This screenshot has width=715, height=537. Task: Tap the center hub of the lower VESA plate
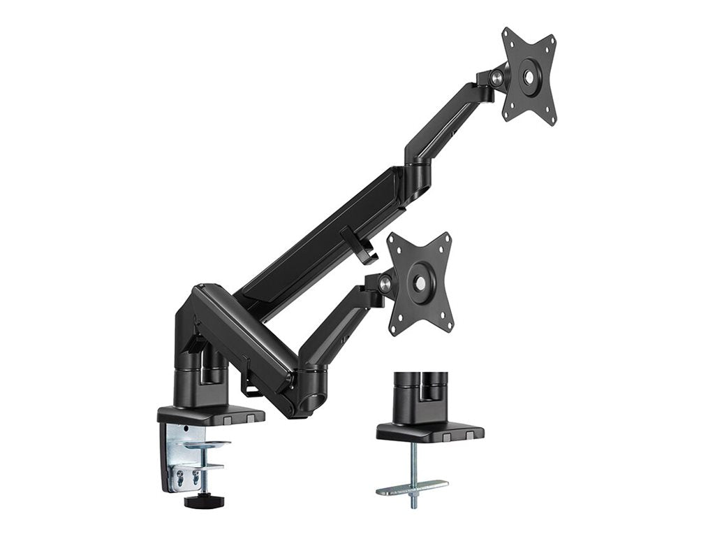point(421,282)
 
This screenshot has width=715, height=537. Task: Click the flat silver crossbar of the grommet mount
point(412,487)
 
